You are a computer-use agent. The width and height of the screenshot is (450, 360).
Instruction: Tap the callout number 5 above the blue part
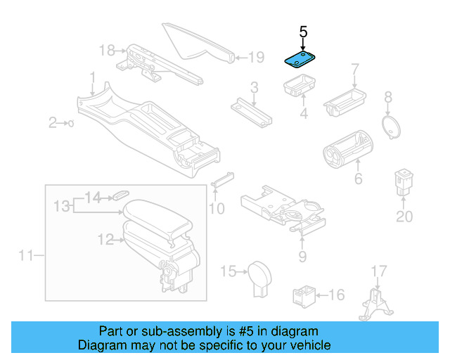coord(303,32)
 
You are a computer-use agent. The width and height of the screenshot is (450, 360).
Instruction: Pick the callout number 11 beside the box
coord(26,255)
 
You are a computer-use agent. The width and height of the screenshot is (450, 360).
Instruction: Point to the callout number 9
coord(302,257)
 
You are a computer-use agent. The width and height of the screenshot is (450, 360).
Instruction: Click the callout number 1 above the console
coord(92,75)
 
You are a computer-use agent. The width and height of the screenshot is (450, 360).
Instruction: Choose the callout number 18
coord(106,50)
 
